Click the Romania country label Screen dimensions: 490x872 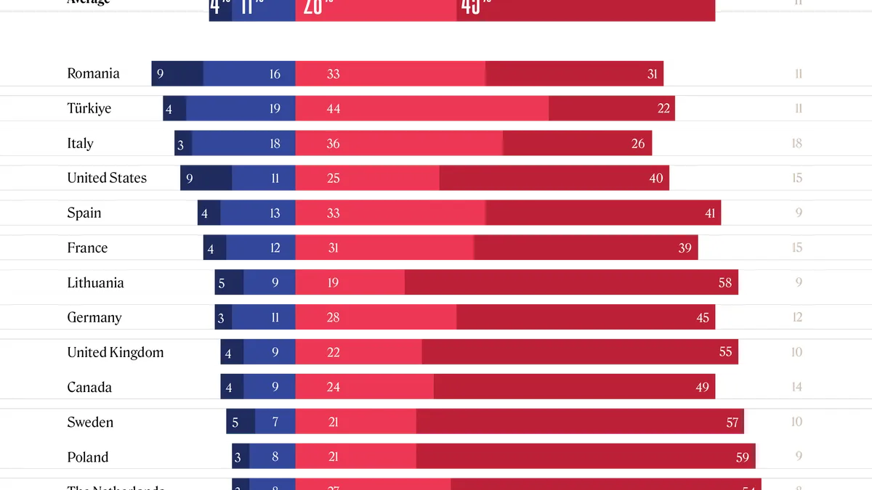pyautogui.click(x=93, y=74)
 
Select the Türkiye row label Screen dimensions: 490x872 pyautogui.click(x=89, y=109)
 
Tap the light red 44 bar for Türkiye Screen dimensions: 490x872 pyautogui.click(x=422, y=109)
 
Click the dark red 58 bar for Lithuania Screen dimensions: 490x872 pyautogui.click(x=571, y=283)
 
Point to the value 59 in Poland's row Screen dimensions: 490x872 pyautogui.click(x=743, y=457)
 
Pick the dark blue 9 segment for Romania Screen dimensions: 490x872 pyautogui.click(x=177, y=74)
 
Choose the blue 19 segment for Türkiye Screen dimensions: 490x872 pyautogui.click(x=241, y=109)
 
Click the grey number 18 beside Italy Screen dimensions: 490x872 pyautogui.click(x=797, y=144)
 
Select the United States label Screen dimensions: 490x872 pyautogui.click(x=107, y=179)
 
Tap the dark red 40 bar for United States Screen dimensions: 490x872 pyautogui.click(x=554, y=179)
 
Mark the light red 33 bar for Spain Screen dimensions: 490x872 pyautogui.click(x=390, y=213)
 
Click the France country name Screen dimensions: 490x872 pyautogui.click(x=87, y=248)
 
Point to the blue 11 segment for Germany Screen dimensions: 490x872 pyautogui.click(x=264, y=318)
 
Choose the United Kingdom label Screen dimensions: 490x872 pyautogui.click(x=116, y=353)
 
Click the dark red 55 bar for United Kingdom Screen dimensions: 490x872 pyautogui.click(x=580, y=353)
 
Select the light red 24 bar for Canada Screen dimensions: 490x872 pyautogui.click(x=365, y=388)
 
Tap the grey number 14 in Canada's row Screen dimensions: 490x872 pyautogui.click(x=797, y=388)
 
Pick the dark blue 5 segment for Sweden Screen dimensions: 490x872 pyautogui.click(x=241, y=422)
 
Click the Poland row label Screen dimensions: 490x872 pyautogui.click(x=88, y=457)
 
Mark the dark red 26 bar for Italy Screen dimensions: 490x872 pyautogui.click(x=577, y=144)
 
